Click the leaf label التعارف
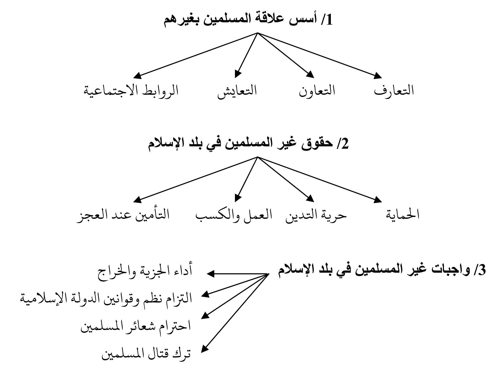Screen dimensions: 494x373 pos(394,91)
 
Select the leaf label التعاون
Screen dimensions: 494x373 pos(317,91)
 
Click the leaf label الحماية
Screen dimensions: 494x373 pos(403,214)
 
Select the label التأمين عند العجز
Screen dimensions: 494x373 pos(123,215)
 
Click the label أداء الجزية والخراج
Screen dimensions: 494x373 pos(145,271)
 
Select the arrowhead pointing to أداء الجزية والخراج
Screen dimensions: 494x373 pos(211,274)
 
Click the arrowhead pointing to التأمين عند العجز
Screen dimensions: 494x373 pos(138,199)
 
